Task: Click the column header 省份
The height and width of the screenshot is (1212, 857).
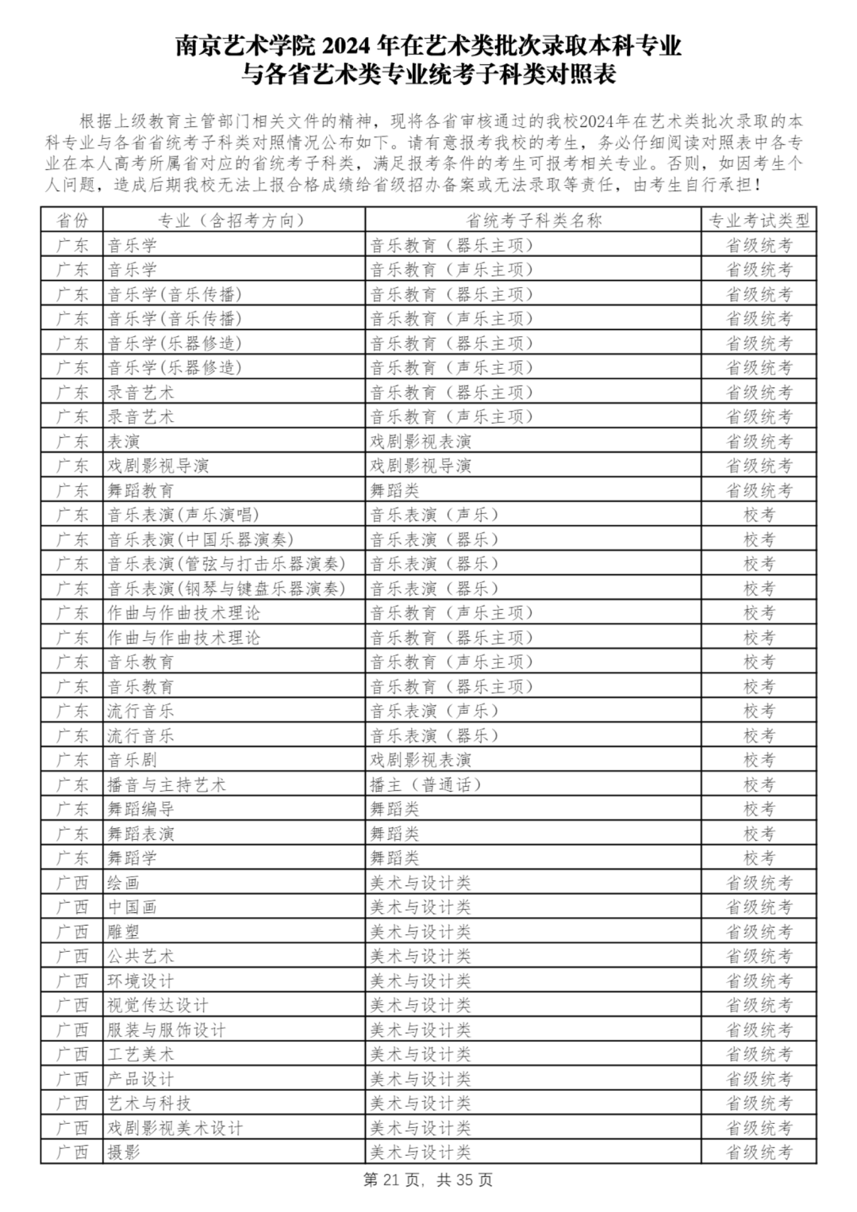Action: pyautogui.click(x=72, y=221)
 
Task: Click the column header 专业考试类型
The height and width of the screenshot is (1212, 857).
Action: pyautogui.click(x=759, y=221)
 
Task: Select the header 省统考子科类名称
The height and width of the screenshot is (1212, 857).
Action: pyautogui.click(x=533, y=221)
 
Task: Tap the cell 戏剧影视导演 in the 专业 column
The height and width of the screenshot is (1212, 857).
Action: pyautogui.click(x=159, y=466)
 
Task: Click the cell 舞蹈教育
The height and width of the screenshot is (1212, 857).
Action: pyautogui.click(x=141, y=490)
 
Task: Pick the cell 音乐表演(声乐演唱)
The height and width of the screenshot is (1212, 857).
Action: pyautogui.click(x=184, y=515)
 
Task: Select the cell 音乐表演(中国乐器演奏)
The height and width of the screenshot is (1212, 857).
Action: pyautogui.click(x=201, y=539)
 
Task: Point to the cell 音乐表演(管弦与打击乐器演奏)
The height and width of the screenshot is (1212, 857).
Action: pyautogui.click(x=227, y=564)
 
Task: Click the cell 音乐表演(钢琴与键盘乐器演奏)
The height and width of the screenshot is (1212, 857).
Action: pyautogui.click(x=227, y=589)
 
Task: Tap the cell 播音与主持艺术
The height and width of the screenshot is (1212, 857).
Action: pyautogui.click(x=167, y=784)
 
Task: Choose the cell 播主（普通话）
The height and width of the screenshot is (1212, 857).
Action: pyautogui.click(x=426, y=784)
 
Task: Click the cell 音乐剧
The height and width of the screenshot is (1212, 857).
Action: pyautogui.click(x=133, y=760)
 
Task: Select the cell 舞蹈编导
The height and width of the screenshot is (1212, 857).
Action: pyautogui.click(x=141, y=809)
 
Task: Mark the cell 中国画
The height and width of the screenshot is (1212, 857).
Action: pyautogui.click(x=133, y=907)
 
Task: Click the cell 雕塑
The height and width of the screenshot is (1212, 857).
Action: pyautogui.click(x=124, y=931)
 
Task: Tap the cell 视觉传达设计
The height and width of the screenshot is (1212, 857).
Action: pyautogui.click(x=159, y=1005)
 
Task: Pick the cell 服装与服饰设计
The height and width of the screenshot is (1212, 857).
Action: pyautogui.click(x=167, y=1030)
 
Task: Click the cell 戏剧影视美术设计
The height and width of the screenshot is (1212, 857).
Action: pyautogui.click(x=175, y=1128)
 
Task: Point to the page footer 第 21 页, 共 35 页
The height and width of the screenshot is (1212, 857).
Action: pyautogui.click(x=428, y=1179)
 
